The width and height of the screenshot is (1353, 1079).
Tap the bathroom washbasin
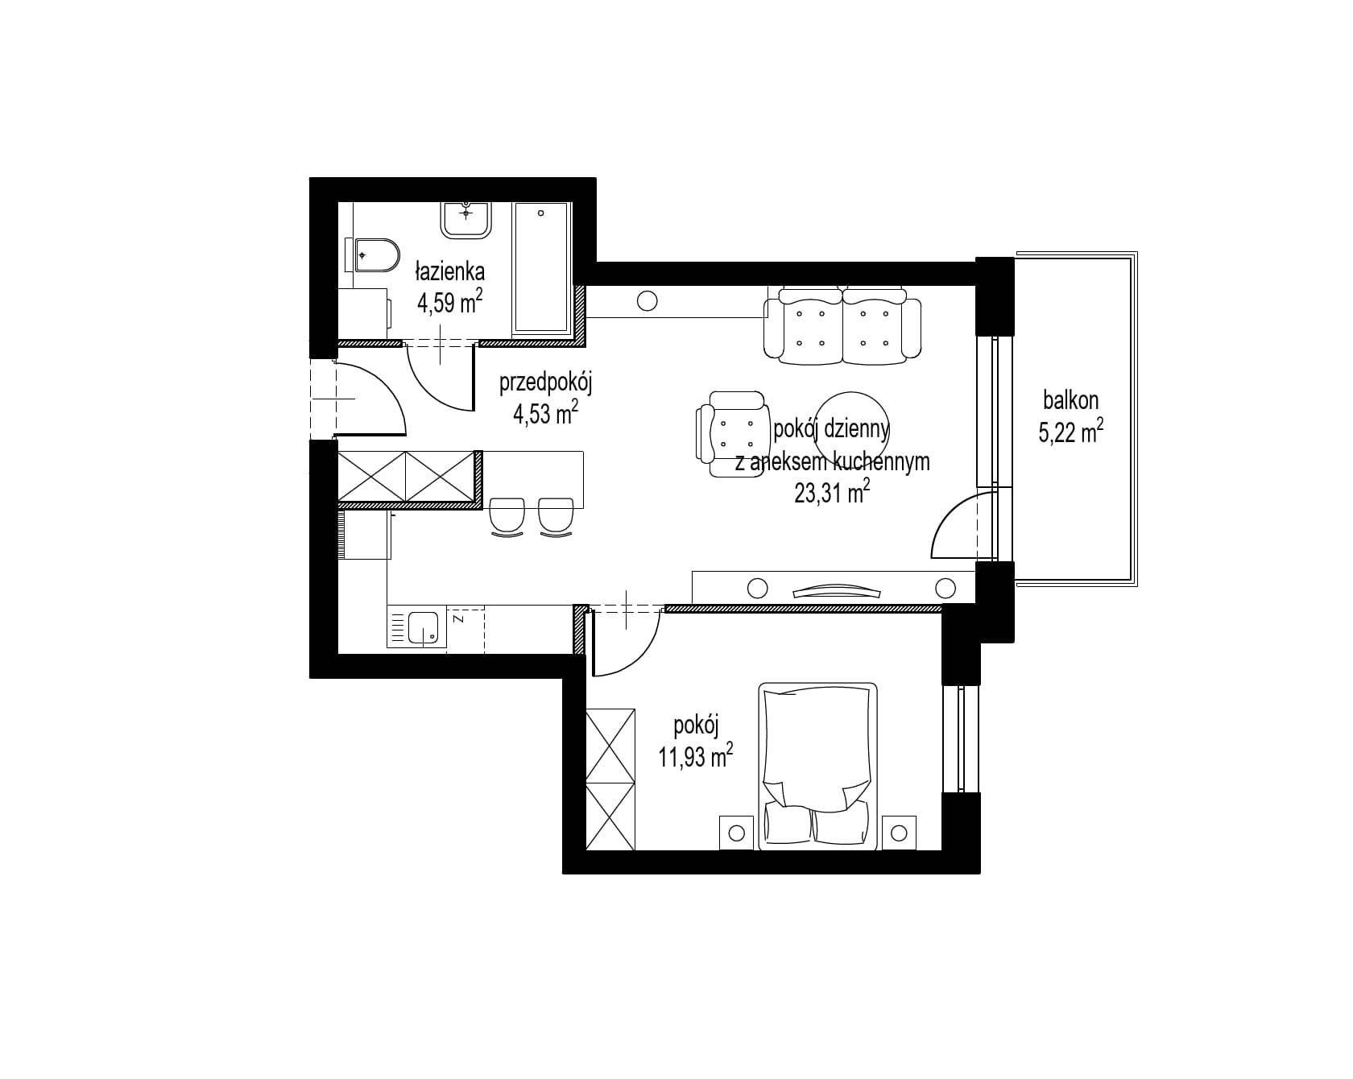point(465,219)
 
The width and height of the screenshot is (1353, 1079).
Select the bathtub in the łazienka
point(542,268)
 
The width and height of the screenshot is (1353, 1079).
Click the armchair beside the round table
point(731,434)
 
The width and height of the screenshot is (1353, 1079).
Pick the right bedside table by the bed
point(899,832)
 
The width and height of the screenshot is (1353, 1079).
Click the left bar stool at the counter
point(507,516)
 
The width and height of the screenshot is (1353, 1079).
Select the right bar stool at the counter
point(557,516)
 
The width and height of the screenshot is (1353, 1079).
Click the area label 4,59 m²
point(449,302)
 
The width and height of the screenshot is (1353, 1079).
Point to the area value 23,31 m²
point(832,491)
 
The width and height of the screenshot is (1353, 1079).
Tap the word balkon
point(1070,399)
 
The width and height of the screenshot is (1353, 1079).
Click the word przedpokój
point(546,384)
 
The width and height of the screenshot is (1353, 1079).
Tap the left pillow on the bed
point(787,823)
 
